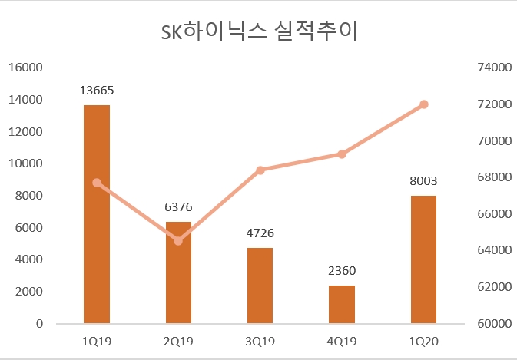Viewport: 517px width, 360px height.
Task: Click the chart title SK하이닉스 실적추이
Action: click(259, 32)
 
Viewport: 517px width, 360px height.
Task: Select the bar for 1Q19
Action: click(97, 215)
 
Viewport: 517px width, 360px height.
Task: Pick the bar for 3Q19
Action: click(260, 286)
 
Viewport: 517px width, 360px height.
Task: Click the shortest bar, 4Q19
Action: click(342, 305)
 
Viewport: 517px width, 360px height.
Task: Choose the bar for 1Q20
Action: click(423, 259)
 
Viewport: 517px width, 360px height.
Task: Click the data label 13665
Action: click(97, 91)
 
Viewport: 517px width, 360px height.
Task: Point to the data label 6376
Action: click(178, 207)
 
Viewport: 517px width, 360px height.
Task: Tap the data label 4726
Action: click(260, 233)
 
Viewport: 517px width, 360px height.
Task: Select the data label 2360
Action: click(342, 271)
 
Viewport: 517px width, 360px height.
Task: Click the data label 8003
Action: click(423, 181)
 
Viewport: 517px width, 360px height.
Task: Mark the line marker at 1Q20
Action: click(424, 104)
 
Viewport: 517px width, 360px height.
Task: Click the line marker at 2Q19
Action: click(178, 241)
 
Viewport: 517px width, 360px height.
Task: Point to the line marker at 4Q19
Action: click(342, 154)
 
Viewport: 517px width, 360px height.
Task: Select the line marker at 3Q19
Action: click(260, 170)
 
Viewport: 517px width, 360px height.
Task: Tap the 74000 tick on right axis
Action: click(492, 68)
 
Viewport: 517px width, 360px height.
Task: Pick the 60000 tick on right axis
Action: click(492, 324)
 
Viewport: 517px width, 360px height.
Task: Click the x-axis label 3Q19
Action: click(260, 341)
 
